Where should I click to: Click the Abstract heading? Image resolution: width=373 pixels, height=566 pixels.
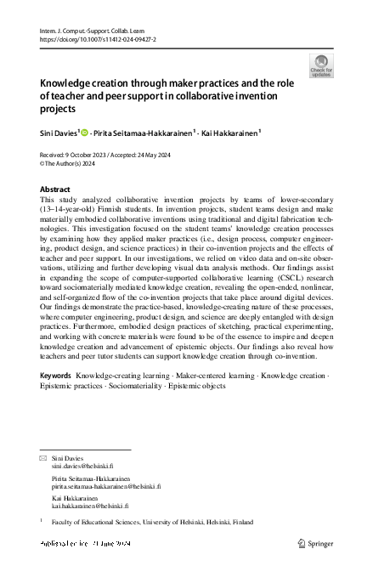tap(56, 189)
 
